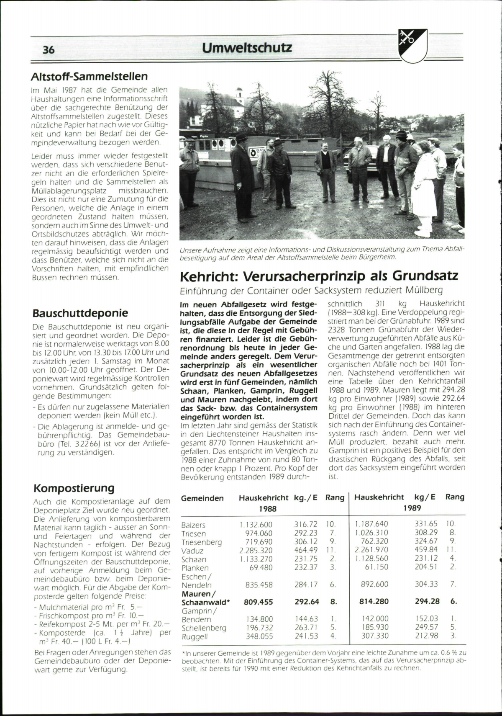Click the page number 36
click(x=49, y=50)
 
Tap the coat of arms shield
click(x=412, y=45)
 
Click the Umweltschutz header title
click(x=247, y=48)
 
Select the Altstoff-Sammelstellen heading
click(x=90, y=77)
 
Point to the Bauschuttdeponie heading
click(x=80, y=313)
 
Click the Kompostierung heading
click(x=74, y=488)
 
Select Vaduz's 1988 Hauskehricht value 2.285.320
click(x=256, y=551)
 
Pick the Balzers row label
click(x=193, y=525)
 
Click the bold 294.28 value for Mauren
click(x=427, y=601)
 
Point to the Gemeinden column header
click(x=202, y=498)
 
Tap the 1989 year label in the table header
click(x=412, y=508)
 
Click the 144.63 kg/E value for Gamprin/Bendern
click(x=306, y=619)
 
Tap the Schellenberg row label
click(x=204, y=628)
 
